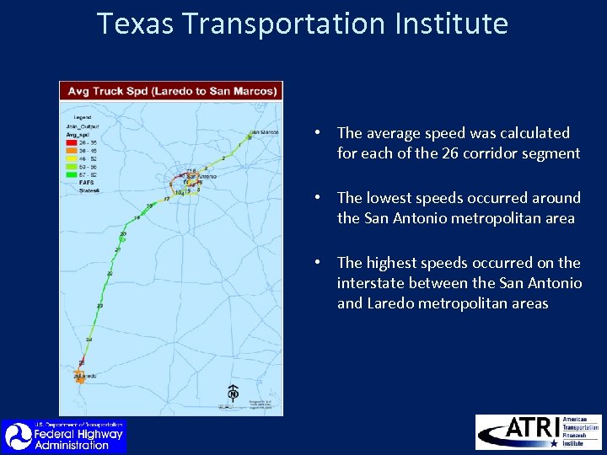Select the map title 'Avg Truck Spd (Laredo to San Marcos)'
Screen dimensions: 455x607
[172, 91]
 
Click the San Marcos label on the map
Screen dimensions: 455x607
[264, 132]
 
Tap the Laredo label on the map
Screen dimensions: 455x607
[88, 376]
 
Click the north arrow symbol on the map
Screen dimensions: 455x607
[233, 393]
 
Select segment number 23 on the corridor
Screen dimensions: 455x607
[99, 306]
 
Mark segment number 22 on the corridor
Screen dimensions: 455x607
[110, 274]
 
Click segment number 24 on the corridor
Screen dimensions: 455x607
[89, 340]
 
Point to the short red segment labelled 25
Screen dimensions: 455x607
[82, 362]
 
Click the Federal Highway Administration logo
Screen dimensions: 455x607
[63, 436]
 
